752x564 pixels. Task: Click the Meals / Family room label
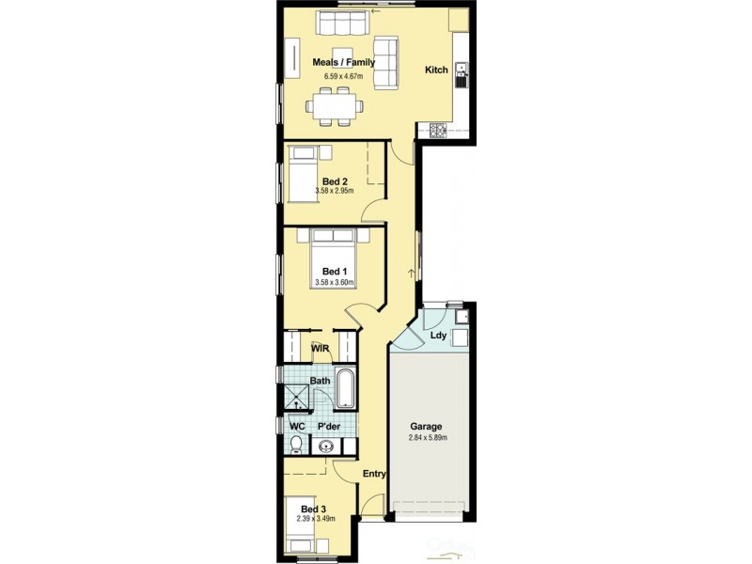(x=344, y=63)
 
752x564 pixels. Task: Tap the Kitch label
(x=436, y=70)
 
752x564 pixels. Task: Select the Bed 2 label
(x=336, y=181)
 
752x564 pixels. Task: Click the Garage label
(x=425, y=427)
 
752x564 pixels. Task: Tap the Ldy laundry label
(x=438, y=336)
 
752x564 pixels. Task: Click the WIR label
(x=321, y=348)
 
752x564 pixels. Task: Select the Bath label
(x=321, y=381)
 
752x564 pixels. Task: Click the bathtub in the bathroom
(x=345, y=389)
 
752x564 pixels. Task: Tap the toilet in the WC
(x=297, y=443)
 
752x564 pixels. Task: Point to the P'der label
(x=328, y=427)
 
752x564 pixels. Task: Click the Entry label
(x=374, y=475)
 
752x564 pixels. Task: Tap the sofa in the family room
(x=385, y=63)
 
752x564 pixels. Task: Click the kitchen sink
(x=461, y=74)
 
